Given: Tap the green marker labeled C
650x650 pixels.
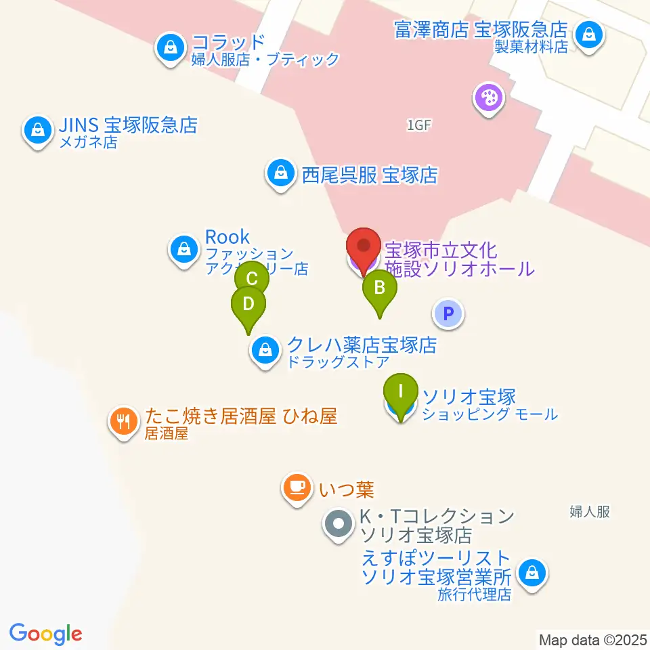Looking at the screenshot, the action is point(252,279).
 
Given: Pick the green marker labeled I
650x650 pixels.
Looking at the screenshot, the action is point(400,392).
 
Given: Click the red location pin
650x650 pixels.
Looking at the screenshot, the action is point(364,246).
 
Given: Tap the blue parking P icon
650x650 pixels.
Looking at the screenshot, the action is point(447,313).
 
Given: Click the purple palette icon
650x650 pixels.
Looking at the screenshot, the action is point(488,99).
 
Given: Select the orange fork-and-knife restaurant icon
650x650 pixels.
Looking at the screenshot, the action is point(123,422).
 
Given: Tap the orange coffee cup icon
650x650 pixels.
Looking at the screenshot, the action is point(296,487).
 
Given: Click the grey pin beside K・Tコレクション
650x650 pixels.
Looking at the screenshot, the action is point(337,524).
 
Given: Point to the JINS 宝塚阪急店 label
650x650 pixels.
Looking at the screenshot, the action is point(127,125).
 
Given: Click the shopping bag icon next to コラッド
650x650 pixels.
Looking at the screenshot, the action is point(169,48).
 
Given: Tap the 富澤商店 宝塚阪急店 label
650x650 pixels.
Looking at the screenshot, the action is point(481,30).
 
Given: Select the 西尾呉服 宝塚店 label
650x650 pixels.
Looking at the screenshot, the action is point(370,176).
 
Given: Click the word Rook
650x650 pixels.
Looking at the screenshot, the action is point(227,237).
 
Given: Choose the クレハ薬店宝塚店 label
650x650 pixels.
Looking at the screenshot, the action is point(362,345).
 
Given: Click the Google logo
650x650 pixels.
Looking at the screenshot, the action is point(46,634).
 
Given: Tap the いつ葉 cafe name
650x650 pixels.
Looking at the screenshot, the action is point(347,487).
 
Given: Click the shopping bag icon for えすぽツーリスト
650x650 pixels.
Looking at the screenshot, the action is point(532,573).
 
